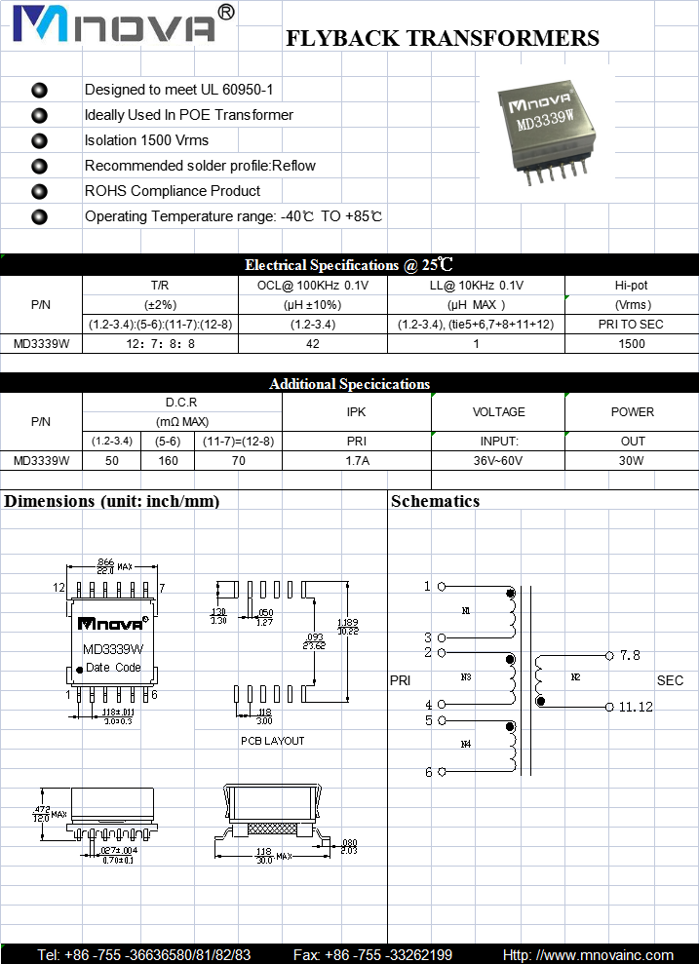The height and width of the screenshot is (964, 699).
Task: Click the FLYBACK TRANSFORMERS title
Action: [x=442, y=39]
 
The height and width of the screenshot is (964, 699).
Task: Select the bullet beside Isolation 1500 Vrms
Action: [x=39, y=140]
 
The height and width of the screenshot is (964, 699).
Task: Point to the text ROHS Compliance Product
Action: [x=173, y=191]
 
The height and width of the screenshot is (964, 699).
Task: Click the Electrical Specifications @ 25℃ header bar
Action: [x=349, y=264]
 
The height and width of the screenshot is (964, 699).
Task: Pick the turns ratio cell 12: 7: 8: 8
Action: [x=161, y=343]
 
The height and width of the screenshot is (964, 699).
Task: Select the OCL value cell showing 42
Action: [x=314, y=343]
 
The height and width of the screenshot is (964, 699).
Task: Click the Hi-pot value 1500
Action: [x=632, y=343]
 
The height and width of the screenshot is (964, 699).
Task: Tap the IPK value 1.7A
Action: [x=357, y=460]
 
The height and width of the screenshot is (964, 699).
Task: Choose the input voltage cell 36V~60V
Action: [x=498, y=460]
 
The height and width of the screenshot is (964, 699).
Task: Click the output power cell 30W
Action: [x=633, y=460]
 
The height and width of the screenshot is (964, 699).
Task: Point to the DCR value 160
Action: [x=168, y=460]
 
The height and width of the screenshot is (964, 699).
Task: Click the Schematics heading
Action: [x=435, y=501]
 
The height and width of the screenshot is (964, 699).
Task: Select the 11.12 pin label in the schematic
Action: [x=636, y=707]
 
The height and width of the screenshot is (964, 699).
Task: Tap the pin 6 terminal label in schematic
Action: [x=428, y=772]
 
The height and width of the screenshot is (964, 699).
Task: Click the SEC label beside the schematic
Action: [x=670, y=680]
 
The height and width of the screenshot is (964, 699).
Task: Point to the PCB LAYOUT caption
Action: [x=272, y=741]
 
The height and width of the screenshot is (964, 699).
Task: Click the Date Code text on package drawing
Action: [x=113, y=668]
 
